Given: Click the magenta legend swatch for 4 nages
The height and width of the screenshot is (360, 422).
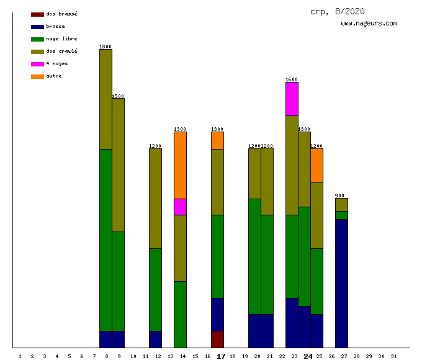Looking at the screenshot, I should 37,64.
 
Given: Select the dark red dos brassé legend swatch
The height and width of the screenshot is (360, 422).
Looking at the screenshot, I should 37,14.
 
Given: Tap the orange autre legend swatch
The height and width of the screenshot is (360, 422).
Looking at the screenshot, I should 37,76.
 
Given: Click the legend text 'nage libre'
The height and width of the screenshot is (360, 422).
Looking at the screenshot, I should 61,39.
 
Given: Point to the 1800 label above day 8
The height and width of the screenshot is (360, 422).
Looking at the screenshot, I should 105,47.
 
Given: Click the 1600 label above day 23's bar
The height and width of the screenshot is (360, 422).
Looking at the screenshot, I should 292,79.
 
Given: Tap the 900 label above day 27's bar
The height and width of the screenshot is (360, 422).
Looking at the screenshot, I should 339,196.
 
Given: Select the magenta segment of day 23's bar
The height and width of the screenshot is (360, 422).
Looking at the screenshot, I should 292,99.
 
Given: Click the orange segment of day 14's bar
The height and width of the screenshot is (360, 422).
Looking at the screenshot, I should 180,165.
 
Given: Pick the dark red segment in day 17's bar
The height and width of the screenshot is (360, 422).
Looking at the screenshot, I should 217,339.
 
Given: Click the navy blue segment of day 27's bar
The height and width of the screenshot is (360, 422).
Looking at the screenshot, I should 341,283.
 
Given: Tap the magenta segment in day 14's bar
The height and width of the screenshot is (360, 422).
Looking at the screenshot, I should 180,207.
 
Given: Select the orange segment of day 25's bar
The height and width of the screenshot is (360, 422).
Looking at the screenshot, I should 316,165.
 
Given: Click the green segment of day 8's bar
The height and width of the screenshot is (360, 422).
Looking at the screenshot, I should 105,240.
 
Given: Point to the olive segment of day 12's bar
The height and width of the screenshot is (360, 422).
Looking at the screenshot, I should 155,199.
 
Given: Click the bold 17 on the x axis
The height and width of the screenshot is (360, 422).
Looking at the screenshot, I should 221,356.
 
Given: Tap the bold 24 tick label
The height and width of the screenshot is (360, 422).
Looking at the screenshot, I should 308,356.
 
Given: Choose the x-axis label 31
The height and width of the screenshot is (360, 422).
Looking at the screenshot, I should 393,356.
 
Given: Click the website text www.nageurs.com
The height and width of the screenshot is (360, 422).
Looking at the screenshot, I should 369,24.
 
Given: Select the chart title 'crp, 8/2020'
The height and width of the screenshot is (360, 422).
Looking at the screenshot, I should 338,11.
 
